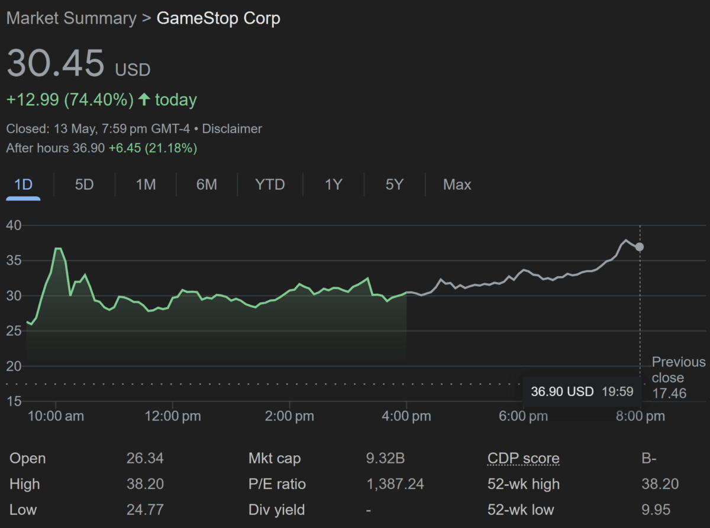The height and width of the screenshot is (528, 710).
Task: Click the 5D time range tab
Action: [84, 184]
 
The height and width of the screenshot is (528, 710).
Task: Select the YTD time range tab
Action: [270, 184]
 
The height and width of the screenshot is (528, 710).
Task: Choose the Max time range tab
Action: [457, 184]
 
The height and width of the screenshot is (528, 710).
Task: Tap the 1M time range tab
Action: [146, 184]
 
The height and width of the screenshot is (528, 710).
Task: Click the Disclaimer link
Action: [232, 129]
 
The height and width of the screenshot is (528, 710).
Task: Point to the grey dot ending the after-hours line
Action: [640, 247]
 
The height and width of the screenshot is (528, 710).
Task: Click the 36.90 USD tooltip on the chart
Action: [582, 391]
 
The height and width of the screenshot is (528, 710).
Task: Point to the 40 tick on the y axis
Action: [14, 225]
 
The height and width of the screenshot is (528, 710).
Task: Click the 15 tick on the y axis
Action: [14, 401]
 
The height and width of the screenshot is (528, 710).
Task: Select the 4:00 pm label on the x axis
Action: [406, 416]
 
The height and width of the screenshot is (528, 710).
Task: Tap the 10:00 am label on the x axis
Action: [56, 416]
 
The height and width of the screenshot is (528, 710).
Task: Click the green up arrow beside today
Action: [144, 99]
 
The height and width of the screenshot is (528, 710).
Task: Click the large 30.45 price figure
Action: [56, 63]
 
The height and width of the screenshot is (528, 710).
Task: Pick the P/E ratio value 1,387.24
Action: [395, 484]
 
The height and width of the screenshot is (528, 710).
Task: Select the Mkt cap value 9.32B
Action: [385, 458]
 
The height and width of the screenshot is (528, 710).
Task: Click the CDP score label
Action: [524, 458]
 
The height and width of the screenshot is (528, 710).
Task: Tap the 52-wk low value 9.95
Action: [656, 510]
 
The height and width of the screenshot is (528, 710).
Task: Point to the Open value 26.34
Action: [145, 458]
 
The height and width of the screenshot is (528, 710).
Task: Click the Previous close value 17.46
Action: [669, 393]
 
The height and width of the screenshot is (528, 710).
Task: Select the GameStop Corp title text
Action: [218, 18]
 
